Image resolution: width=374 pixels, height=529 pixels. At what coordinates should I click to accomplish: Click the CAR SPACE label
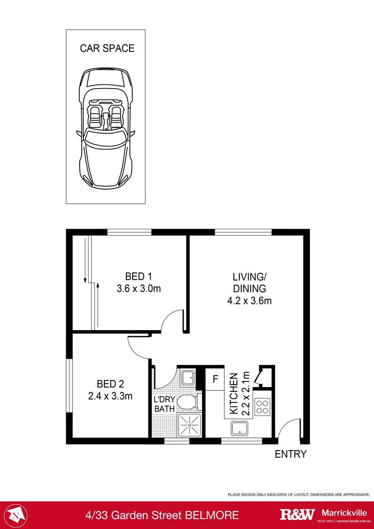107,48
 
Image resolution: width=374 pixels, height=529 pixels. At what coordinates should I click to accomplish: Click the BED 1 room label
139,276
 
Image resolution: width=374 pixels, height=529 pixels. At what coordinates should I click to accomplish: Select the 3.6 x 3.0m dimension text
139,289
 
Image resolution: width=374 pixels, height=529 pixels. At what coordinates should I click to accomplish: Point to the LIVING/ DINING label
249,282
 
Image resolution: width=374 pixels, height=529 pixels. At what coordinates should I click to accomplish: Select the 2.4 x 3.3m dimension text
110,396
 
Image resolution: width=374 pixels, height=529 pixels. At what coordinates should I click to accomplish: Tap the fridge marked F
214,379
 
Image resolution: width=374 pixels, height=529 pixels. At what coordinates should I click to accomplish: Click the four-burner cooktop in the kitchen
263,407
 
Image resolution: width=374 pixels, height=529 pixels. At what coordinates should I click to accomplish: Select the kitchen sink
240,428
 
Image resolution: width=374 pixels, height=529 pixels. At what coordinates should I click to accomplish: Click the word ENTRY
290,454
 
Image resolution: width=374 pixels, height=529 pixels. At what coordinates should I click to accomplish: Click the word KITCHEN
234,393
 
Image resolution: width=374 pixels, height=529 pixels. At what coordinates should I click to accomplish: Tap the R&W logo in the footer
297,514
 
